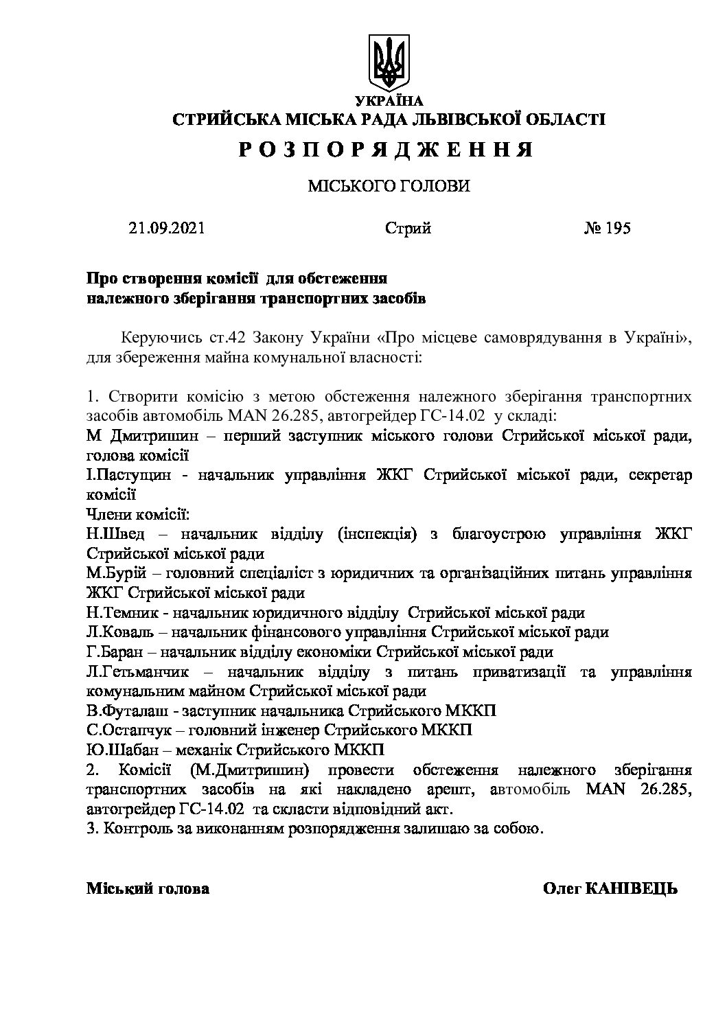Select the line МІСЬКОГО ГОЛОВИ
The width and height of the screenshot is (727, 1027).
pyautogui.click(x=388, y=186)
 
